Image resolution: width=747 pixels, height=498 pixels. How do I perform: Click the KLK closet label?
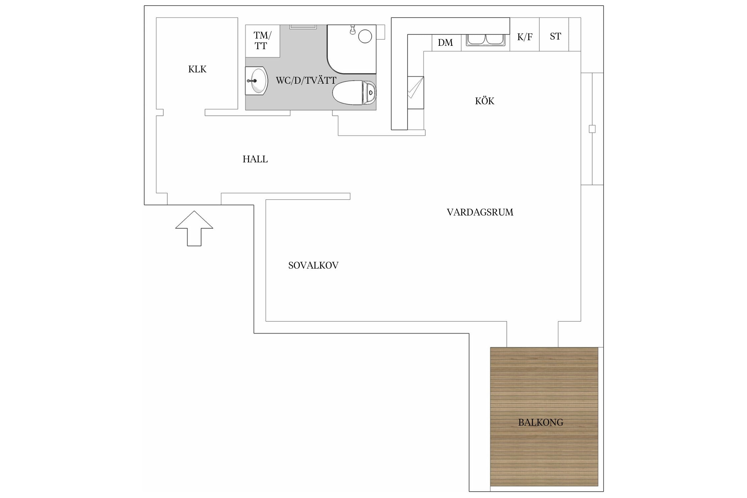click(x=197, y=69)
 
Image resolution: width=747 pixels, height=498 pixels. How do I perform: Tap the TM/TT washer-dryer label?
click(x=262, y=41)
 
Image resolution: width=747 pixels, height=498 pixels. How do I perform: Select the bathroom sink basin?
click(x=256, y=81)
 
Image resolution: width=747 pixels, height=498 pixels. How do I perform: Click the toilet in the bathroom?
click(x=354, y=93)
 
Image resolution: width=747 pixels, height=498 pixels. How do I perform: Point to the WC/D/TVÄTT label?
click(x=306, y=80)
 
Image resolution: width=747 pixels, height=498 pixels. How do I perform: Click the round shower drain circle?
click(x=365, y=36)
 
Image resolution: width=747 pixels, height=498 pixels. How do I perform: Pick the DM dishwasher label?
click(x=445, y=43)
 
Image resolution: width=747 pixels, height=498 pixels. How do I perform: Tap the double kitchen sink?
click(x=485, y=40)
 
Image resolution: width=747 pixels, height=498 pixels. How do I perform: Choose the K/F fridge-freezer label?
click(x=525, y=37)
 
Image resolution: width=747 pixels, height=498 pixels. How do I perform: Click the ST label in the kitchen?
click(x=555, y=36)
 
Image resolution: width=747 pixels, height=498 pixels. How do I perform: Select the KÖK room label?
click(x=484, y=101)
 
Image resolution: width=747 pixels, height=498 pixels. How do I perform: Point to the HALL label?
click(x=255, y=159)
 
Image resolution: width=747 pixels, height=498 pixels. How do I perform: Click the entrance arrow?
click(x=194, y=228)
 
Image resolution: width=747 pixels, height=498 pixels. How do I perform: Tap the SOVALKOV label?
click(x=313, y=266)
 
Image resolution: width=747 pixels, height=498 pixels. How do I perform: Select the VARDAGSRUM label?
click(x=480, y=212)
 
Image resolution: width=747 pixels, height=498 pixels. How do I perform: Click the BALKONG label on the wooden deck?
click(x=540, y=423)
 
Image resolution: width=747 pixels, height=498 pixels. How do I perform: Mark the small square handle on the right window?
click(x=592, y=129)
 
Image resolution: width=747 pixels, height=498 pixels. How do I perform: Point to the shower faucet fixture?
click(x=353, y=30)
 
